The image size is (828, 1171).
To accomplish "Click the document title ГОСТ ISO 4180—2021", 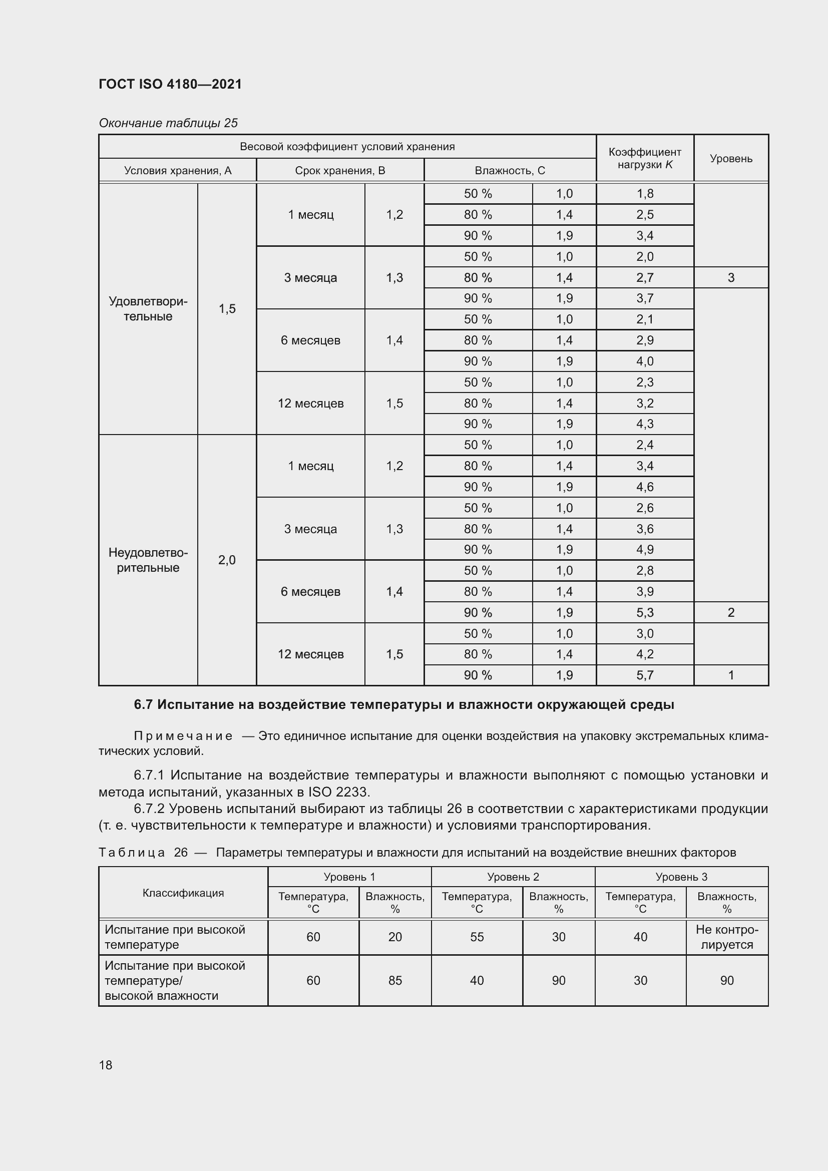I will click(x=170, y=84).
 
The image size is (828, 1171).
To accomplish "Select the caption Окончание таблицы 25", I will click(x=168, y=123).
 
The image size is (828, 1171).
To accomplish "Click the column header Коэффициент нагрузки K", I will click(x=644, y=158).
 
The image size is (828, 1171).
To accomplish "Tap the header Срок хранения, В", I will click(x=339, y=170).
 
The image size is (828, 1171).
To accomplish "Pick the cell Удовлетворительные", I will click(x=148, y=308).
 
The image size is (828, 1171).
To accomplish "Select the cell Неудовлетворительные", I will click(x=148, y=560).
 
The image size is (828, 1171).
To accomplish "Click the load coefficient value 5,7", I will click(x=644, y=675).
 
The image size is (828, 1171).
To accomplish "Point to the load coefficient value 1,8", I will click(x=644, y=194).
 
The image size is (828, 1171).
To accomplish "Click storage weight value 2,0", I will click(x=227, y=560).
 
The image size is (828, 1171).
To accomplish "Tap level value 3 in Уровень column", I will click(x=730, y=277).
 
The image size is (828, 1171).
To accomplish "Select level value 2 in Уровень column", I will click(x=730, y=612).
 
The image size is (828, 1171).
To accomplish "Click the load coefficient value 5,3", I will click(x=644, y=612).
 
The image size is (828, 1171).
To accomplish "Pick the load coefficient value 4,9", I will click(x=644, y=550).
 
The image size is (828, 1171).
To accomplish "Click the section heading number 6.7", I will click(x=143, y=705).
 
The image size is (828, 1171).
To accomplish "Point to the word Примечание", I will click(x=183, y=736).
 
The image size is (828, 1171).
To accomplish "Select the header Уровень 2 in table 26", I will click(x=513, y=877).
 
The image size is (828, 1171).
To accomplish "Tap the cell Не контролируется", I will click(x=726, y=937).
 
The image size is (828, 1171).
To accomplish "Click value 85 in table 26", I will click(x=395, y=980).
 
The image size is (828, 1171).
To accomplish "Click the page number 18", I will click(x=106, y=1065).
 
